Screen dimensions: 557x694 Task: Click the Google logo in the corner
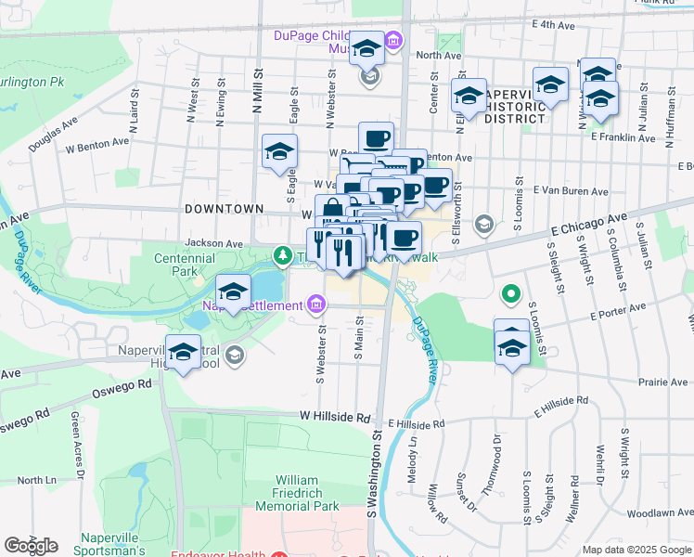[31, 546]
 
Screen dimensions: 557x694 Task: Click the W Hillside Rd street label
[335, 418]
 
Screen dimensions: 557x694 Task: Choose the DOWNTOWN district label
[225, 209]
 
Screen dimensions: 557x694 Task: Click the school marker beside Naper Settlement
[233, 293]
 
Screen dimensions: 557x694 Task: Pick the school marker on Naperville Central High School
[184, 353]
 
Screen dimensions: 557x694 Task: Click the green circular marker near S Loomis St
[510, 296]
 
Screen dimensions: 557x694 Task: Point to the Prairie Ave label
[662, 382]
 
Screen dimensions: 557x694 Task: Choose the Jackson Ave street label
[212, 243]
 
